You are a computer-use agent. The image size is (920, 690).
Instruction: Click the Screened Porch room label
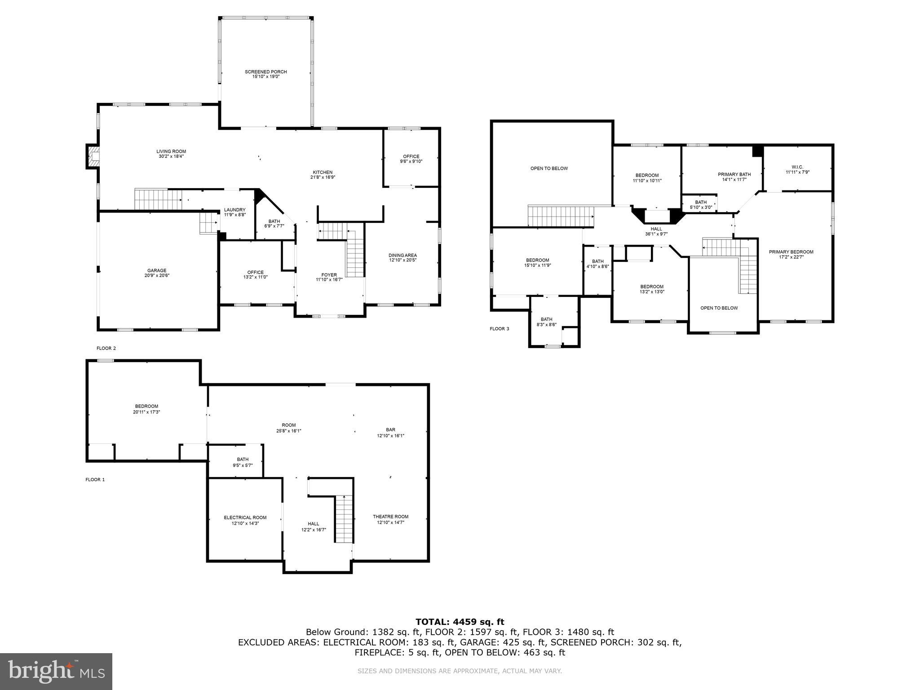point(265,72)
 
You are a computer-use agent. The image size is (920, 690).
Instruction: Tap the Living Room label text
point(171,151)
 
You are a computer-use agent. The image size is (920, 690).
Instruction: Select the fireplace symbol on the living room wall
point(93,156)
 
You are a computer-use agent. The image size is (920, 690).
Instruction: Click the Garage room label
point(157,270)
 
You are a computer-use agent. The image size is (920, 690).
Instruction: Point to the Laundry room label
point(234,210)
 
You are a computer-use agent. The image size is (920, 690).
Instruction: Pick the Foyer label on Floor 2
point(329,275)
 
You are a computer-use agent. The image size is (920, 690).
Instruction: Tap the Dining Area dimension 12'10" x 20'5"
point(402,260)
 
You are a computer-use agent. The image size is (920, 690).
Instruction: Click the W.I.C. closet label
point(797,167)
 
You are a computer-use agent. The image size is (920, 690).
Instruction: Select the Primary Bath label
point(734,174)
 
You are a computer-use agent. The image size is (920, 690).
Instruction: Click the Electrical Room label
point(245,517)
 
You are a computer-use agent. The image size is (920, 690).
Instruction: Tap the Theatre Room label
point(390,517)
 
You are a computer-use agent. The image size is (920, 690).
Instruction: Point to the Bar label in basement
point(390,430)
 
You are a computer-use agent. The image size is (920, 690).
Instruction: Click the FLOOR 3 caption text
point(499,329)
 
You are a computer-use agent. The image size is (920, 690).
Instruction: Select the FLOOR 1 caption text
point(95,479)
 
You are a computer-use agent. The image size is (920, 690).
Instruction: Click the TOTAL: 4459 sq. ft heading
point(460,622)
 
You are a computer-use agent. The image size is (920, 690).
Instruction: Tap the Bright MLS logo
point(56,672)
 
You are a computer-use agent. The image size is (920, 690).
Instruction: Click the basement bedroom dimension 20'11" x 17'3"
point(146,411)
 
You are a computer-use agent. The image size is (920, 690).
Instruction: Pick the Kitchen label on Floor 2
point(323,172)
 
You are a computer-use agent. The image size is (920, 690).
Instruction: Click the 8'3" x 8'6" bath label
point(546,324)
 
